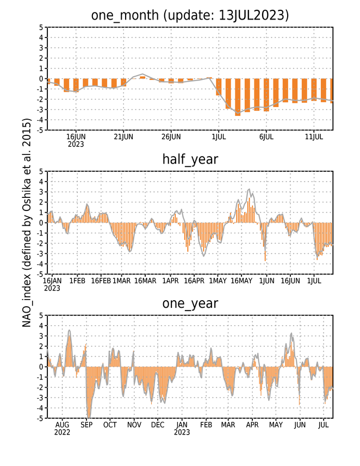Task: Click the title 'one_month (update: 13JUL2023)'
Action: (190, 15)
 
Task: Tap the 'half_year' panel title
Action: (190, 160)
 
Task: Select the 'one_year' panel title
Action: (190, 303)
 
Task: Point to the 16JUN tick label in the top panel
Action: (76, 137)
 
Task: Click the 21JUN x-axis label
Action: (123, 137)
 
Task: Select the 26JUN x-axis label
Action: (171, 137)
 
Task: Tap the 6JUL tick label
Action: (266, 137)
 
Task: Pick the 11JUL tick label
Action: (314, 137)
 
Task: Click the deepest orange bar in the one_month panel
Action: (238, 97)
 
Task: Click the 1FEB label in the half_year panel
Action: (77, 281)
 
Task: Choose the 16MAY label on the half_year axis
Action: (241, 281)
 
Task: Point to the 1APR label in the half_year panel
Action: (170, 281)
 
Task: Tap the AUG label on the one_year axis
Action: (62, 425)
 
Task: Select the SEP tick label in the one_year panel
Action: (86, 425)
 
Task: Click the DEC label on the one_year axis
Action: (158, 425)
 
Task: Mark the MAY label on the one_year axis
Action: (276, 425)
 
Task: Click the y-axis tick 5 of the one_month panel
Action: (41, 27)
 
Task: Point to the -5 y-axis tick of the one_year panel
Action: (40, 418)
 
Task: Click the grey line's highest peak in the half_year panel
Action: (249, 189)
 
